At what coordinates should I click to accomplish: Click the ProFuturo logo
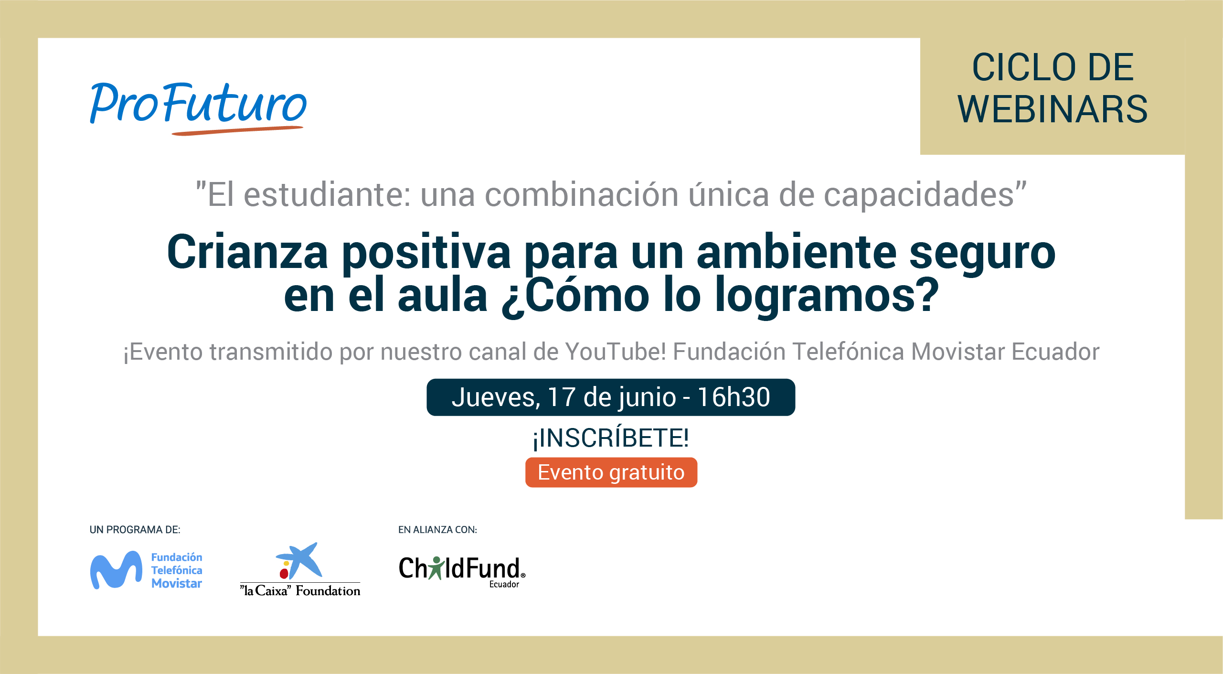tap(198, 108)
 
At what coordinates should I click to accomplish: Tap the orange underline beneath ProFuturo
tap(237, 130)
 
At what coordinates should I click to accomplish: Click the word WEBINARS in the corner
tap(1053, 109)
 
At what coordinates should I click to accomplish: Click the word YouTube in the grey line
tap(615, 352)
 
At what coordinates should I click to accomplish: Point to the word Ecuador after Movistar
tap(1055, 352)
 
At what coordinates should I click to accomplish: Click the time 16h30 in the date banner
tap(734, 397)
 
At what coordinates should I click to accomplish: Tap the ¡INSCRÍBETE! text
tap(611, 438)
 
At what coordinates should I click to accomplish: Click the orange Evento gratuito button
tap(611, 472)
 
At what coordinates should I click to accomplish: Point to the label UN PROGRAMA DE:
tap(135, 530)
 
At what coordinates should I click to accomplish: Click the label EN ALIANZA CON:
tap(438, 530)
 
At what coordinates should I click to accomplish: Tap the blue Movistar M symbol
tap(116, 570)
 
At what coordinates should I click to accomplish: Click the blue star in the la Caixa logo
tap(300, 559)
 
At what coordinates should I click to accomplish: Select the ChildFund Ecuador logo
tap(462, 571)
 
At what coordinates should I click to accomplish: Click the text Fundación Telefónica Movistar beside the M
tap(177, 570)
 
